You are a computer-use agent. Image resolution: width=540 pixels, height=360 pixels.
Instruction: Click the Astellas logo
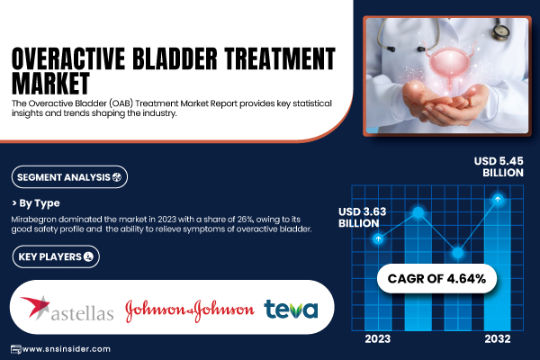[x=67, y=309]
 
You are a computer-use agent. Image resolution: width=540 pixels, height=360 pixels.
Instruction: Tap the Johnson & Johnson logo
[x=189, y=310]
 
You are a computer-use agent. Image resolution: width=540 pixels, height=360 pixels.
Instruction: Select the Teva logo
[x=291, y=309]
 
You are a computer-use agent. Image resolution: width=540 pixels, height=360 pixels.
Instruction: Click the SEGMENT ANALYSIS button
[x=69, y=177]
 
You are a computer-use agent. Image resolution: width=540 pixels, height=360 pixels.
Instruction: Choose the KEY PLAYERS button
[x=56, y=256]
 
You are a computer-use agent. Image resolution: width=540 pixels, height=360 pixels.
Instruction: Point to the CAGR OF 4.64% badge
[x=436, y=278]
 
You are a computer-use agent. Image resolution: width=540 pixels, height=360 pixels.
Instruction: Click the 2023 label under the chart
[x=378, y=339]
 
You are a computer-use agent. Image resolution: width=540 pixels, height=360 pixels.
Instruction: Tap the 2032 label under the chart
[x=498, y=339]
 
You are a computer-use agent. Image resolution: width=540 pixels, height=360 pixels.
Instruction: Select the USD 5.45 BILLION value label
[x=499, y=166]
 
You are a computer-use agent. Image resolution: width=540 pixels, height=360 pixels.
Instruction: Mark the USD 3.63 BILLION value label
[x=363, y=218]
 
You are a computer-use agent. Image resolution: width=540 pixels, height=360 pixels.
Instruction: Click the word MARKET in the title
[x=50, y=83]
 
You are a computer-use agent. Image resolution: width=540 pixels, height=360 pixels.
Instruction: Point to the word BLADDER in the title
[x=175, y=58]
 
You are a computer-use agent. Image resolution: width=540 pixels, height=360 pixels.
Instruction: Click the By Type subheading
[x=36, y=203]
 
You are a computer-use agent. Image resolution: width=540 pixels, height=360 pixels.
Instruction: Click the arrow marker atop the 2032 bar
[x=498, y=199]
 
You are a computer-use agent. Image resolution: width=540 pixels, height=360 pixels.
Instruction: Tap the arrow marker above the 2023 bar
[x=378, y=238]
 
